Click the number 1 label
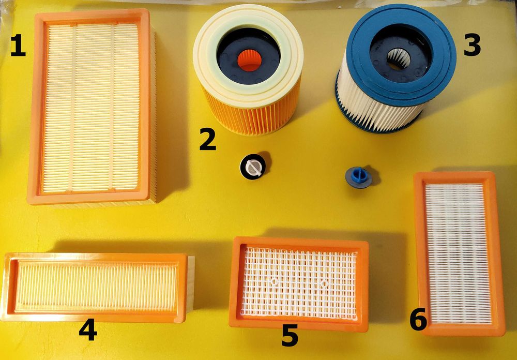coord(18,46)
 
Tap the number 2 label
coord(208,139)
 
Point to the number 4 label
coord(88,329)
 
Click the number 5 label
coord(290,335)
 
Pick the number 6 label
coord(418,320)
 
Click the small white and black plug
coord(253,167)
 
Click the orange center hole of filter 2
coord(250,61)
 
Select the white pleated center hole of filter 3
coord(399,59)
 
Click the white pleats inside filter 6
coord(459,253)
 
